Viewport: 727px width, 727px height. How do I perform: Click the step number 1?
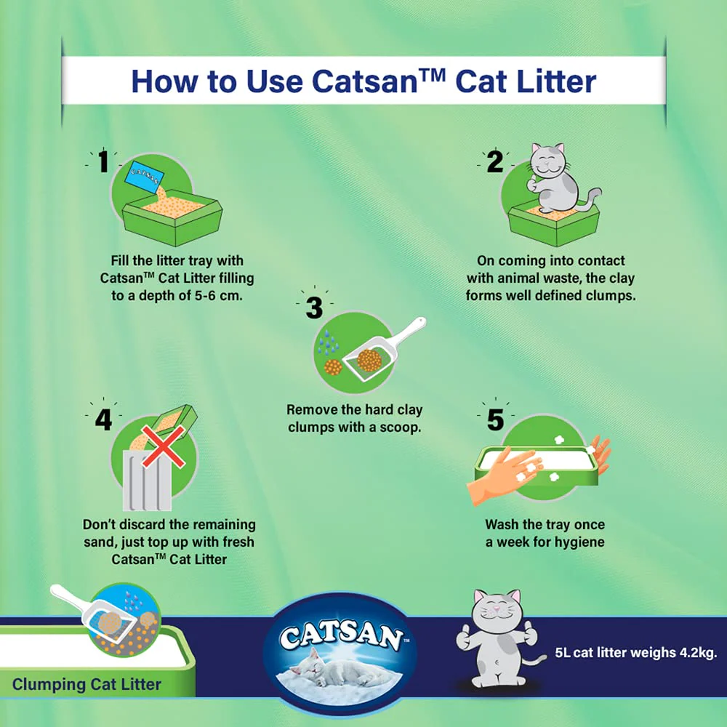tap(103, 162)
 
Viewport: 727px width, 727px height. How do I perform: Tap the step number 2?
tap(494, 162)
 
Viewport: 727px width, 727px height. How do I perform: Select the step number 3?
tap(314, 308)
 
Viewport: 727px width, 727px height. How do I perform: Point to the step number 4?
tap(103, 420)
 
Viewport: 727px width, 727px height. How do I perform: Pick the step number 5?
tap(495, 420)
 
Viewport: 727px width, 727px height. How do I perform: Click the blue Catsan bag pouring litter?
tap(147, 177)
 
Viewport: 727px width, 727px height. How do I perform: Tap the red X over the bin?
tap(163, 447)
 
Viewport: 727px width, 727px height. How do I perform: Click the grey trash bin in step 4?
tap(148, 479)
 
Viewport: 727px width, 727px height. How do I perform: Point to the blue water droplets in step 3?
tap(328, 343)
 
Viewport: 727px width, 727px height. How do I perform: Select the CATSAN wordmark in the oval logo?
tap(341, 636)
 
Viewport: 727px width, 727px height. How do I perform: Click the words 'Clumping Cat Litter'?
tap(87, 684)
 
